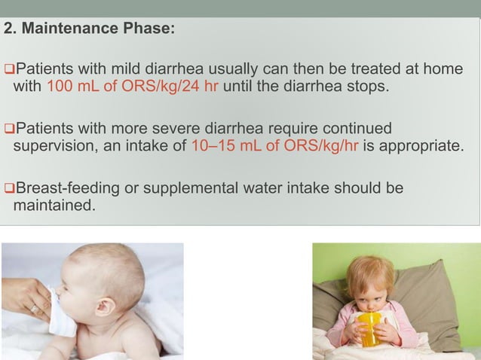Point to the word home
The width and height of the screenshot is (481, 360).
pyautogui.click(x=443, y=69)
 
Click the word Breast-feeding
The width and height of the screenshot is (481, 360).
pyautogui.click(x=68, y=186)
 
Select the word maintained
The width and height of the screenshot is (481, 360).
pyautogui.click(x=54, y=203)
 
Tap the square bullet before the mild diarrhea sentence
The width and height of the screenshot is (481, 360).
pyautogui.click(x=8, y=70)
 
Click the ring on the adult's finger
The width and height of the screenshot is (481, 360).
pyautogui.click(x=33, y=309)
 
